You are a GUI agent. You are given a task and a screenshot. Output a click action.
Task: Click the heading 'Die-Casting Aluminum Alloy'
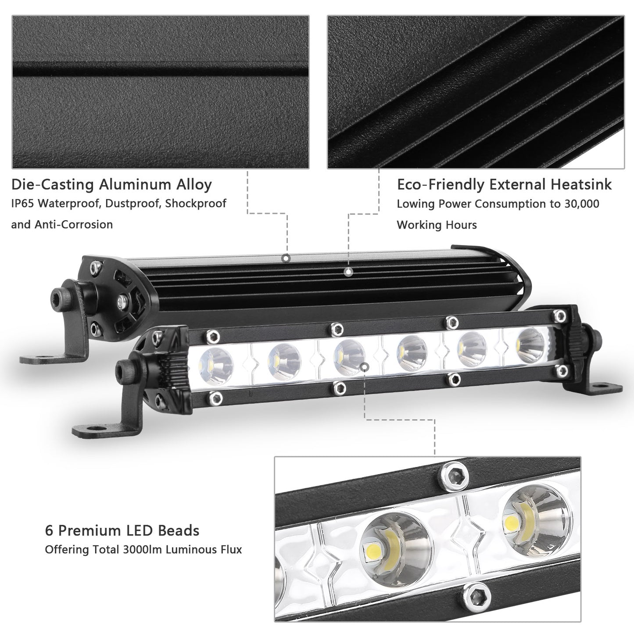coord(111,184)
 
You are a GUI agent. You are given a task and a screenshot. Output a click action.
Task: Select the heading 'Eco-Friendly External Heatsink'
coord(504,184)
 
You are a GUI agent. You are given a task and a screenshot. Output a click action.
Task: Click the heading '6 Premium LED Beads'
coord(122,530)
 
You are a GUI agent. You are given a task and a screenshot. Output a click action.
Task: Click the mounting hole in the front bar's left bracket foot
coord(93,426)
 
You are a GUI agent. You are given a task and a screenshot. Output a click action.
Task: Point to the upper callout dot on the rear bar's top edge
coord(286,258)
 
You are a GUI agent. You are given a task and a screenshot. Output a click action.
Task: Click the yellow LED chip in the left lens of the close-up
coord(373,548)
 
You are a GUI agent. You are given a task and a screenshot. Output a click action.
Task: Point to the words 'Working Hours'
coord(437,225)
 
